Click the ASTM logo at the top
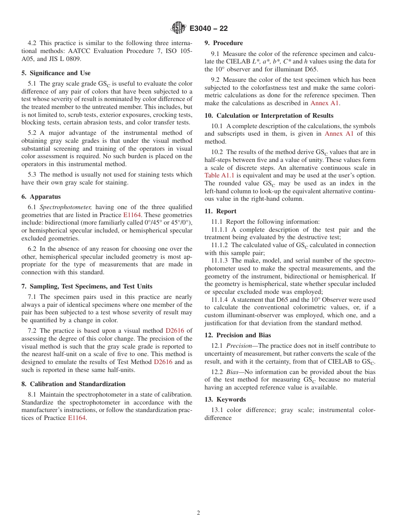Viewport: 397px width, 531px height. tap(178, 28)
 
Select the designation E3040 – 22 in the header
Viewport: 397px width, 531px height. tap(209, 28)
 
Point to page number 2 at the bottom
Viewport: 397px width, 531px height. tap(198, 513)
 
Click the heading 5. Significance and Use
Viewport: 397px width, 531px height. tap(56, 73)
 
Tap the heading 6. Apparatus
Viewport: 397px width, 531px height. tap(41, 197)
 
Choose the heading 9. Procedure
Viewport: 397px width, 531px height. tap(224, 43)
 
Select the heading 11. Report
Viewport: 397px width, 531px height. tap(220, 211)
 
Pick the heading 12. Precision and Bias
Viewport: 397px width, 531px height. tap(237, 335)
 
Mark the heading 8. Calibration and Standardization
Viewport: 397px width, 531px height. tap(73, 384)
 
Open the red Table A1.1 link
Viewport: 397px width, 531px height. tap(219, 175)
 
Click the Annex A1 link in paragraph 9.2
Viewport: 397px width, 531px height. tap(325, 103)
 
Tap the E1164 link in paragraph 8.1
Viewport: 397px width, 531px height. tap(77, 418)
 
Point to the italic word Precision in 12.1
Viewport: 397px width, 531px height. tap(239, 346)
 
